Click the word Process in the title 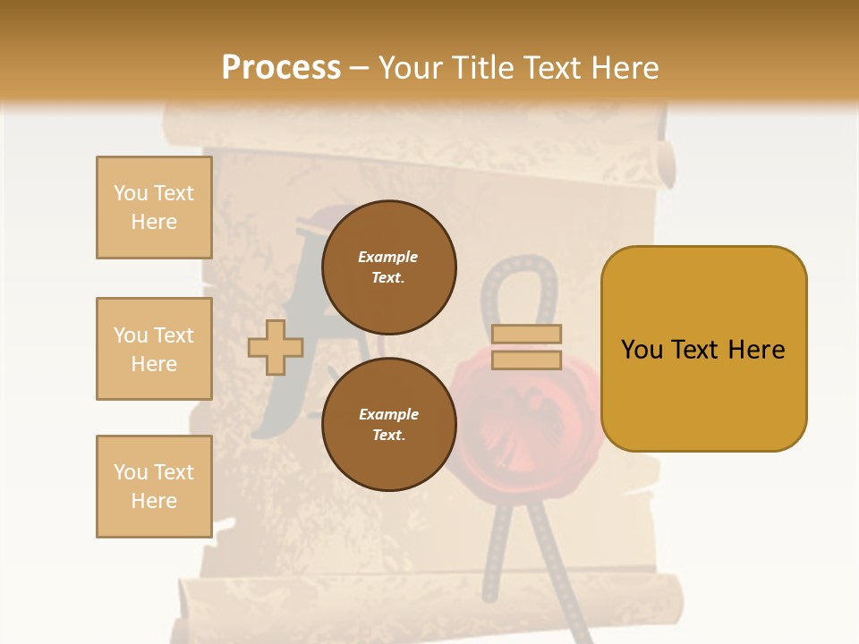tap(281, 68)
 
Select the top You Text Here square tap(154, 208)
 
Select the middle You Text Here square tap(154, 349)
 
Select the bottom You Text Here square tap(154, 487)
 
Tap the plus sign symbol tap(275, 347)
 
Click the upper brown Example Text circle tap(388, 267)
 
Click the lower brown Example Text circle tap(388, 424)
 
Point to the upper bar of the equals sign tap(526, 334)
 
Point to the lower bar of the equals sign tap(526, 360)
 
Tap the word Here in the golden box tap(756, 350)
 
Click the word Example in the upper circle tap(388, 257)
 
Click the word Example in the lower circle tap(388, 414)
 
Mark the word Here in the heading tap(624, 68)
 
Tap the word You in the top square tap(130, 193)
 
